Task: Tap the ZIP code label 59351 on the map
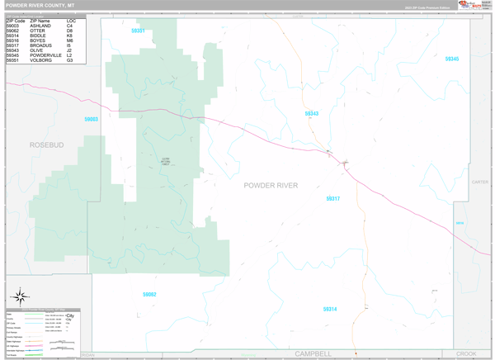pyautogui.click(x=139, y=31)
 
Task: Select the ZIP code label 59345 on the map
pyautogui.click(x=451, y=59)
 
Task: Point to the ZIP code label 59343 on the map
pyautogui.click(x=311, y=113)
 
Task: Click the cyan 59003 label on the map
pyautogui.click(x=91, y=119)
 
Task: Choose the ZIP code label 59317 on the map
pyautogui.click(x=332, y=198)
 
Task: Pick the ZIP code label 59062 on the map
pyautogui.click(x=148, y=294)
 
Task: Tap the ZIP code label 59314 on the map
pyautogui.click(x=329, y=309)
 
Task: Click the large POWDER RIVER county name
pyautogui.click(x=282, y=185)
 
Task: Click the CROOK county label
pyautogui.click(x=466, y=353)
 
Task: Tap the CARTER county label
pyautogui.click(x=480, y=182)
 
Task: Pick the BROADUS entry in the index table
pyautogui.click(x=42, y=45)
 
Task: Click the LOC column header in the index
pyautogui.click(x=72, y=21)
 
